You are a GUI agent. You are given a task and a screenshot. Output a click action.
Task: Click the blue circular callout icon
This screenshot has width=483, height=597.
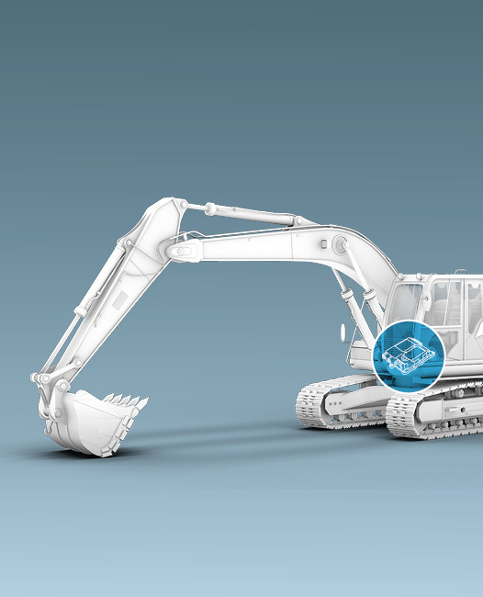tap(409, 355)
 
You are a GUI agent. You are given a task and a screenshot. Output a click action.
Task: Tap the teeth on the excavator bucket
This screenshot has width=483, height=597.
tap(128, 401)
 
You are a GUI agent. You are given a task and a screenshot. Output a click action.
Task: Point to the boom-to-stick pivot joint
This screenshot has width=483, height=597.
tap(185, 249)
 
